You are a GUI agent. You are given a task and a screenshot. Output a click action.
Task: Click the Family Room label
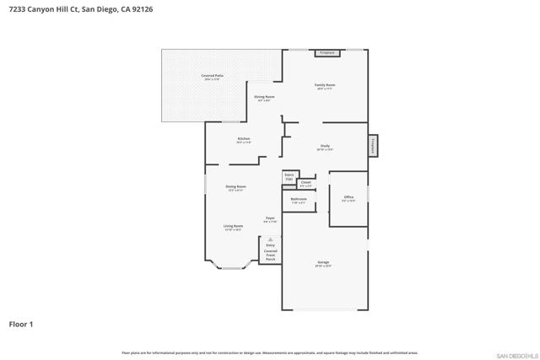click(325, 86)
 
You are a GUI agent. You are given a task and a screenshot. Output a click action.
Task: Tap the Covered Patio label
click(212, 77)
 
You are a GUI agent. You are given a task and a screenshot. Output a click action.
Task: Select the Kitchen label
click(243, 140)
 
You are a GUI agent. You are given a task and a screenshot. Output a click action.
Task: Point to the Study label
click(325, 148)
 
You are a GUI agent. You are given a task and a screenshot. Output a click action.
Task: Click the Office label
click(348, 198)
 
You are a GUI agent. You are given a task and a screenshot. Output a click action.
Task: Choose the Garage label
click(323, 264)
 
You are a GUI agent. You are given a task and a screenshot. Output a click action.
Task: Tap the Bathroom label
click(299, 201)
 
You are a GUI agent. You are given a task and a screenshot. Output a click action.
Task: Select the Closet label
click(305, 183)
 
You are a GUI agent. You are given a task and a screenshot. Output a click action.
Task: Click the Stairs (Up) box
click(289, 177)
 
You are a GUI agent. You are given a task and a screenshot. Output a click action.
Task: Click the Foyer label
click(270, 219)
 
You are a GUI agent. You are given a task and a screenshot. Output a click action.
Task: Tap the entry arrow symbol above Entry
click(270, 239)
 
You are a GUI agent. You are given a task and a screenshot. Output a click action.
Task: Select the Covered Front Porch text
click(270, 255)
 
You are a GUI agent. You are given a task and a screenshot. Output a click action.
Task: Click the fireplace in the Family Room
click(327, 53)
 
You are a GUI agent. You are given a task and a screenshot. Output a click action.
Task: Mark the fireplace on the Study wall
click(373, 145)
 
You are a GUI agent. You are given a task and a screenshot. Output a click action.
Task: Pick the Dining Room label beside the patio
click(264, 98)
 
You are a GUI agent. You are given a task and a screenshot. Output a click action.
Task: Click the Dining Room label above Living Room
click(235, 187)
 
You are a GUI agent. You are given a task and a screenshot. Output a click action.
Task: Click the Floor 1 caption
click(21, 323)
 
